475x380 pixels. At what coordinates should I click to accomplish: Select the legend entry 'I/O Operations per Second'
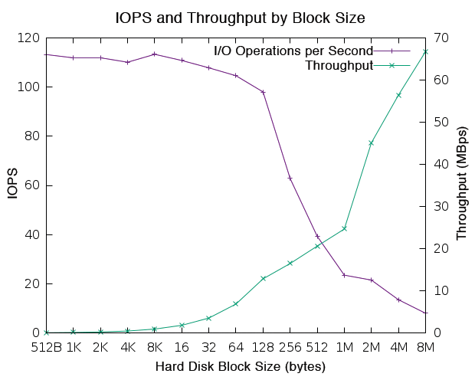coord(293,51)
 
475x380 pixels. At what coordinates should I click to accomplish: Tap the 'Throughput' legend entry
coord(339,65)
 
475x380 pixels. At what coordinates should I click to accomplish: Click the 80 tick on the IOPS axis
coord(32,136)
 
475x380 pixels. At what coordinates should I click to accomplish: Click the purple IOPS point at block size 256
coord(290,178)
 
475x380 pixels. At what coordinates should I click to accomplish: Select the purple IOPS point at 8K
coord(155,54)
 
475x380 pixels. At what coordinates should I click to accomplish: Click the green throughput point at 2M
coord(372,142)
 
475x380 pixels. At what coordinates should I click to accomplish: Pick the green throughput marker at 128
coord(264,278)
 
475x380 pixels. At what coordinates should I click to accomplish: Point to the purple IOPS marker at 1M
coord(345,275)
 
